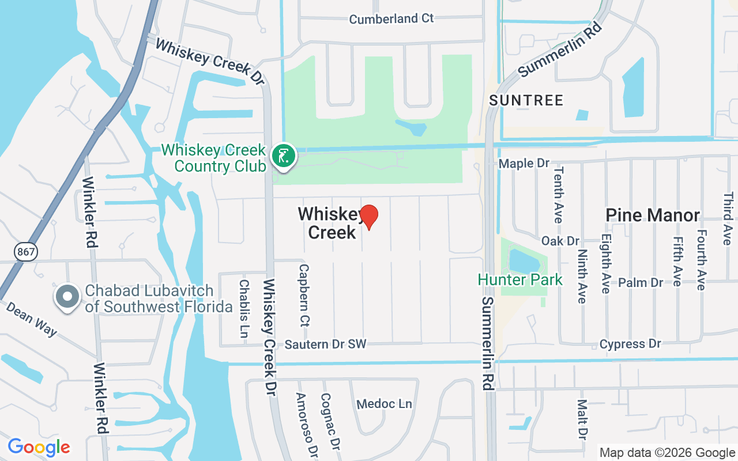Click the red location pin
click(x=368, y=217)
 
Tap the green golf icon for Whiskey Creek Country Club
click(x=283, y=156)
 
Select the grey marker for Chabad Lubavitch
click(x=67, y=297)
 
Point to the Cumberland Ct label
click(x=391, y=19)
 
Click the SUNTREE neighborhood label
click(x=526, y=100)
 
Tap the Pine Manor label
click(x=652, y=216)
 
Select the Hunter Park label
click(x=520, y=280)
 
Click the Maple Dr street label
click(x=524, y=164)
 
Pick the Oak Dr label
click(x=560, y=241)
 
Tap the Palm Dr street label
click(x=641, y=283)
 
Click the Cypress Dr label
click(x=630, y=344)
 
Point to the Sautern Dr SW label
click(x=326, y=345)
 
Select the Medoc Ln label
click(x=385, y=404)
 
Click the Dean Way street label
click(x=32, y=318)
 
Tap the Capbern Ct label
click(x=304, y=294)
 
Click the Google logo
click(x=39, y=447)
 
